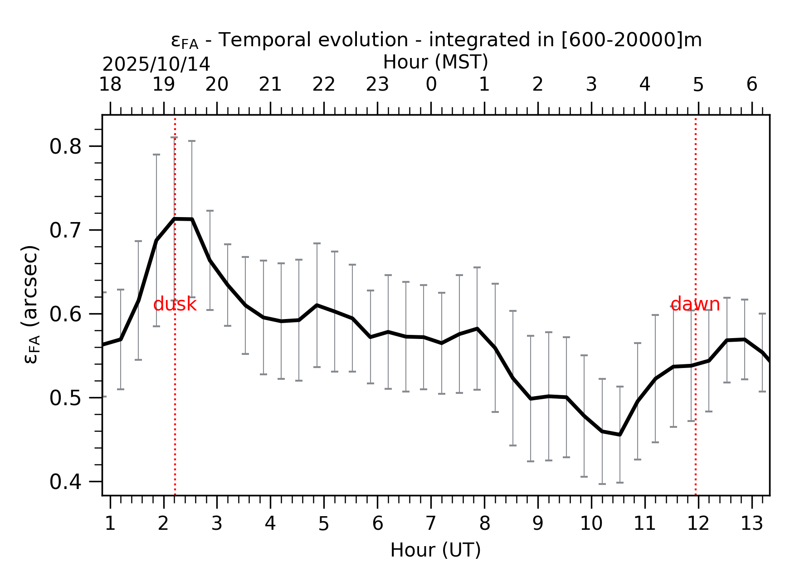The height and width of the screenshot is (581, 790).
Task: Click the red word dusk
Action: click(x=175, y=305)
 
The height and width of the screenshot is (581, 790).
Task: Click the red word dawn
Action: click(x=695, y=305)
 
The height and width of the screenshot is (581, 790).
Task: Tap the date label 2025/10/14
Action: click(x=156, y=65)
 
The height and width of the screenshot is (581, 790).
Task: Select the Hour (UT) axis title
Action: click(x=435, y=550)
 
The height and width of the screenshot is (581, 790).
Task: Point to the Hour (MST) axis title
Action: click(x=435, y=62)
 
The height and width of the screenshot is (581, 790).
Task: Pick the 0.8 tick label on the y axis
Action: click(x=64, y=147)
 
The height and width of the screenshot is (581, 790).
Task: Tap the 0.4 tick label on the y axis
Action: click(x=64, y=482)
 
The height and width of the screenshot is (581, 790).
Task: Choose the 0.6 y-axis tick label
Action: click(x=64, y=314)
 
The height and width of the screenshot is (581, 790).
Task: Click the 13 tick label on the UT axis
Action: click(x=751, y=524)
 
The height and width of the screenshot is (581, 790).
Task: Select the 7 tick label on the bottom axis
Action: click(x=431, y=524)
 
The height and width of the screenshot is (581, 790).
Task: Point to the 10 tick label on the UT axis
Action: click(x=591, y=524)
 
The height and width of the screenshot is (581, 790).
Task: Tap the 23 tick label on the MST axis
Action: click(x=377, y=85)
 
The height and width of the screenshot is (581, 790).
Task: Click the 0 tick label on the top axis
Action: click(x=431, y=85)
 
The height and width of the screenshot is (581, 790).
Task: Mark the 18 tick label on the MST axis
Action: click(x=110, y=85)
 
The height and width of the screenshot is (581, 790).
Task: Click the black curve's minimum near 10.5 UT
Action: click(x=619, y=434)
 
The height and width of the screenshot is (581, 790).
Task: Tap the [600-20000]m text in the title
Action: click(x=631, y=40)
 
